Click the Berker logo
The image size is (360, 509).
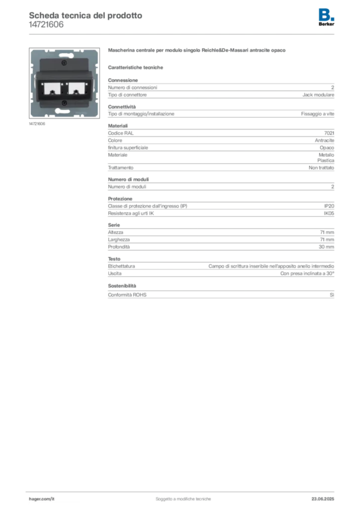[326, 17]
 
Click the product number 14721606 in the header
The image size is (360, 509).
[46, 25]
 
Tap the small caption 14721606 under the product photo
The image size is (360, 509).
[37, 124]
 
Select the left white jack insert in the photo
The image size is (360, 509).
[52, 88]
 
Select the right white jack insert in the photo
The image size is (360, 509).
[77, 88]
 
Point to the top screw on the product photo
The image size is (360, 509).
[64, 63]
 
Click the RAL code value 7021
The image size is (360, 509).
[329, 133]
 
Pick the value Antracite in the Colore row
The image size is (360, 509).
[324, 140]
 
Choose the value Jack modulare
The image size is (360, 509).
[318, 95]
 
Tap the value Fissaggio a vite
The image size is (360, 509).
[317, 114]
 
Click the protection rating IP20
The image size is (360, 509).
[329, 206]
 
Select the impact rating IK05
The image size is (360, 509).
[329, 213]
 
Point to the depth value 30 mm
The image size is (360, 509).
[326, 247]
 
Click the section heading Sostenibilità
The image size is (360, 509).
[122, 286]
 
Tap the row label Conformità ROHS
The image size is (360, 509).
[127, 295]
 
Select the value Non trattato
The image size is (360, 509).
[321, 168]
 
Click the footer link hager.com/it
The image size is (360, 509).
[42, 499]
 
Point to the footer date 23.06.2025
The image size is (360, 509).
[323, 499]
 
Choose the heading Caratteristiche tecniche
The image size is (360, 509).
[135, 68]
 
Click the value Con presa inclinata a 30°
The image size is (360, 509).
[307, 273]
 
